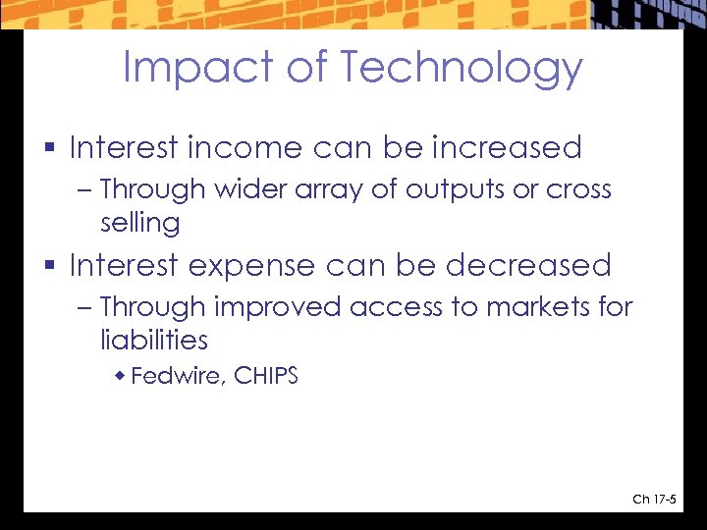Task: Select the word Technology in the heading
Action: click(462, 69)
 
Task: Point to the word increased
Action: click(507, 148)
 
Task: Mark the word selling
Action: click(139, 223)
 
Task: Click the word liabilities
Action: click(154, 341)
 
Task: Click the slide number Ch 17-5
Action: click(654, 500)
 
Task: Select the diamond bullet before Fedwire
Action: click(121, 375)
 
